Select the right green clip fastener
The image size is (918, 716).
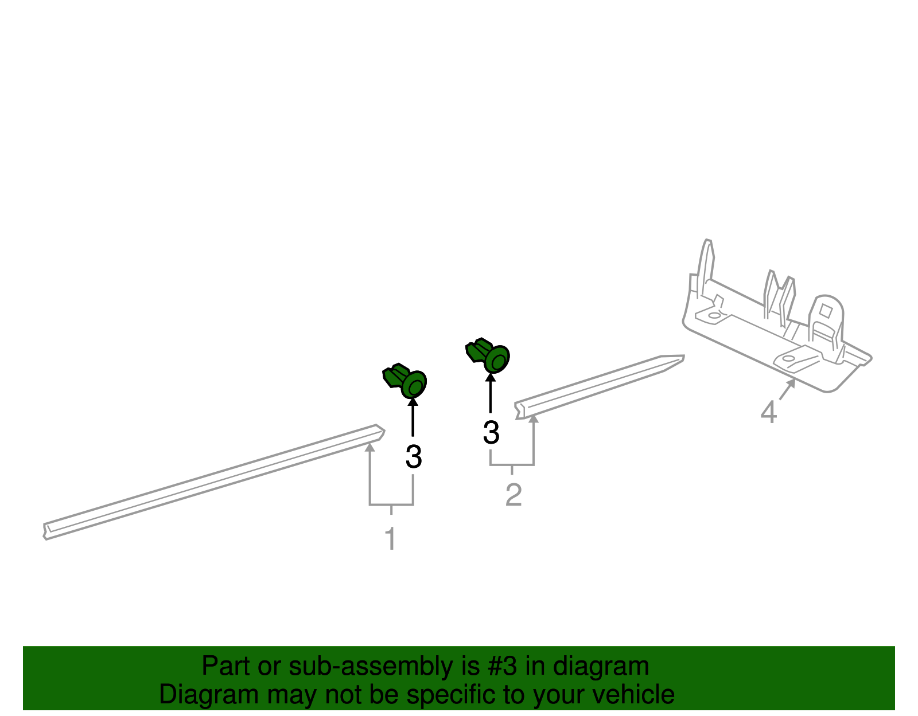click(488, 355)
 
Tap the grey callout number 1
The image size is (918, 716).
click(391, 538)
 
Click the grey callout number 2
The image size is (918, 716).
click(514, 495)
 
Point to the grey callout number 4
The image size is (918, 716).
click(768, 412)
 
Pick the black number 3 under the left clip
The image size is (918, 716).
click(414, 456)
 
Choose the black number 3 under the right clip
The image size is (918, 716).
click(491, 432)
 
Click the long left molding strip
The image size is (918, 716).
click(214, 482)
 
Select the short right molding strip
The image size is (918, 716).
click(599, 387)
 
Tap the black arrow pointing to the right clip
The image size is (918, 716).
click(491, 393)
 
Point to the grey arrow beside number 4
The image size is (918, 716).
click(787, 389)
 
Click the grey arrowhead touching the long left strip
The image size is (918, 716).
click(369, 447)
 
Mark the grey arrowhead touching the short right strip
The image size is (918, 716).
click(534, 418)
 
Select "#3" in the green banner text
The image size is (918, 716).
click(502, 666)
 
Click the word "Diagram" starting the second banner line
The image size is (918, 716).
click(209, 695)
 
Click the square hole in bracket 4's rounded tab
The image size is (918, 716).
click(826, 312)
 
